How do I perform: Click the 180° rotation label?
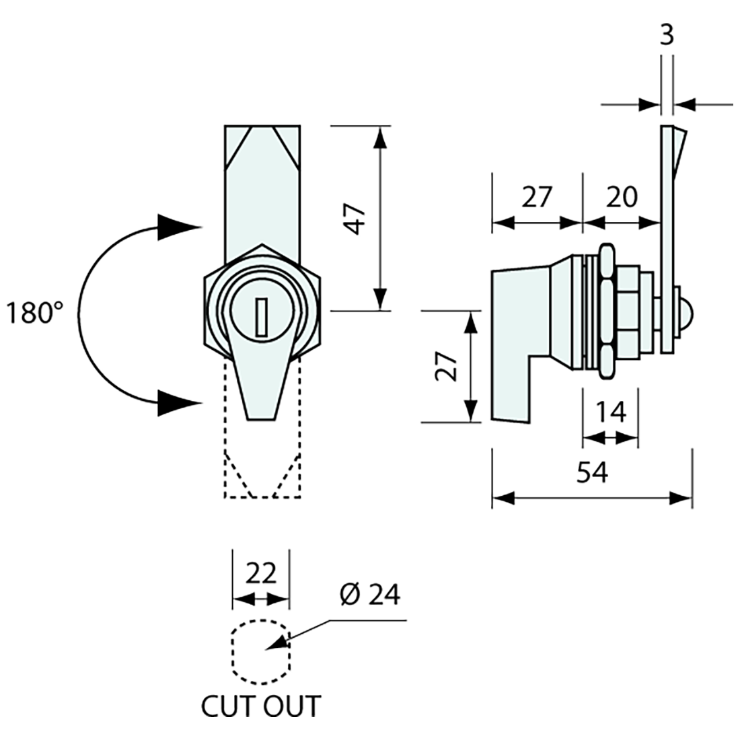tap(34, 313)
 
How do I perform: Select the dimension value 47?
tap(357, 219)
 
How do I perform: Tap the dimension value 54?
tap(592, 472)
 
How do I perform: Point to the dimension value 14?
tap(611, 412)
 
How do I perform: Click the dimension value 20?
tap(622, 197)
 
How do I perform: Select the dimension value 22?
tap(261, 573)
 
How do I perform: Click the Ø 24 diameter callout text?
tap(369, 594)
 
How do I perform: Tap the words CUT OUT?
tap(261, 706)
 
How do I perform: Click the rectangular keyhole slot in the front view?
tap(262, 317)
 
